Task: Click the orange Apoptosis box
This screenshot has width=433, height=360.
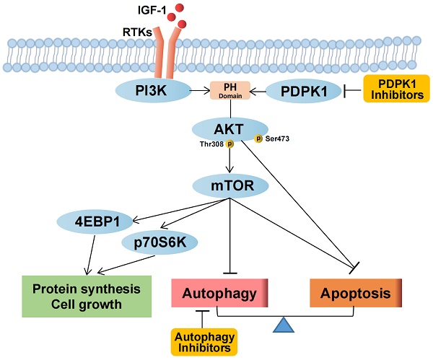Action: coord(354,294)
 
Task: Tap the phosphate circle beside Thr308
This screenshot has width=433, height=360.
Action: coord(230,144)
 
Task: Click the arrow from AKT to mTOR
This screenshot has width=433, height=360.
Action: coord(230,160)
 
